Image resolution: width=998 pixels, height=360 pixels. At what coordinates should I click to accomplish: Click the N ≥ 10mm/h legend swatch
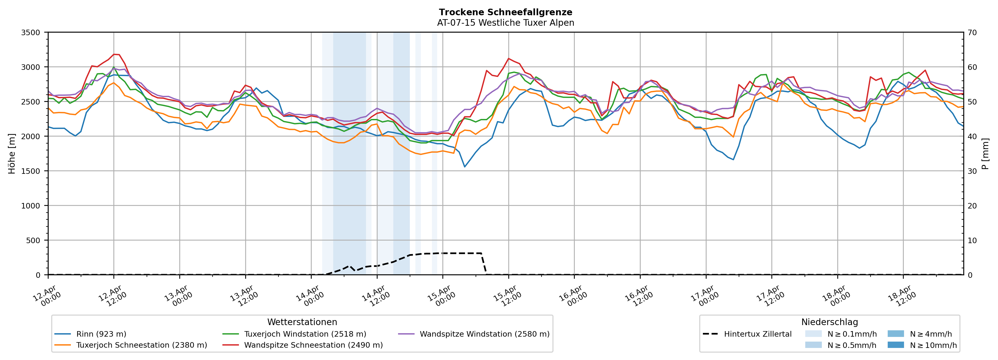coord(895,345)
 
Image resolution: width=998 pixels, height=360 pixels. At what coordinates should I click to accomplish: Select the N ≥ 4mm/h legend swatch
coord(895,334)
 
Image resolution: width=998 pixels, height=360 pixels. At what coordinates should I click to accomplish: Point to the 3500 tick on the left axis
coord(31,33)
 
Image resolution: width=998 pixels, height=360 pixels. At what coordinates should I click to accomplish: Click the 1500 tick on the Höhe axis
coord(31,171)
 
